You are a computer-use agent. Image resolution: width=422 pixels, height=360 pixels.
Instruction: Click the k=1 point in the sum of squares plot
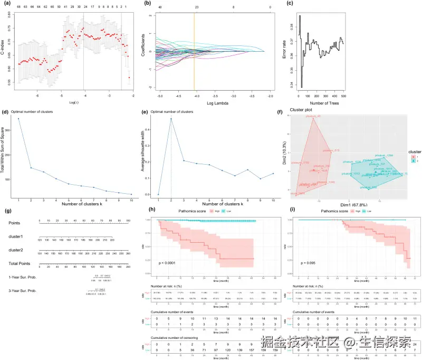tap(18, 119)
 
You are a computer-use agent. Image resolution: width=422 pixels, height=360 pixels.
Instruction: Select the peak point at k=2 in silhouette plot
tap(171, 119)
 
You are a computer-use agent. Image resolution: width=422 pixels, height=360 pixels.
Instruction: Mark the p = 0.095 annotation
tap(308, 262)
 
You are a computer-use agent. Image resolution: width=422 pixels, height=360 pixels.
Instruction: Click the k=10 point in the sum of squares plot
tap(131, 195)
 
